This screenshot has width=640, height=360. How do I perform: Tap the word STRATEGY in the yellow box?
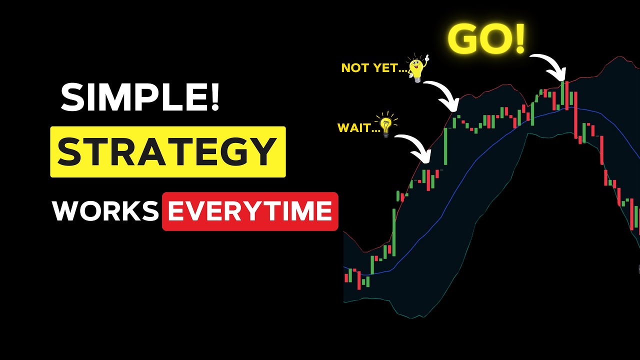coord(167,152)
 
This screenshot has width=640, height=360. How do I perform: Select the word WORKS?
coord(105,211)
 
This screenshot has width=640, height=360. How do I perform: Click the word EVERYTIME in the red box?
coord(249,211)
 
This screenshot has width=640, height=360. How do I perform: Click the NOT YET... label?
coord(372,68)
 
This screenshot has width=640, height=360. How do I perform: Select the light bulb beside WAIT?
coord(386,125)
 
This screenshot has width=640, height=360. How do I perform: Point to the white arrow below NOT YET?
coord(442,95)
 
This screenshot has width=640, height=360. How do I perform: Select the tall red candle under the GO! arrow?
coord(567,95)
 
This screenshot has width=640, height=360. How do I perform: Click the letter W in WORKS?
coord(67,211)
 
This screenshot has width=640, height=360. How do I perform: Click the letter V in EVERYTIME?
coord(194,211)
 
